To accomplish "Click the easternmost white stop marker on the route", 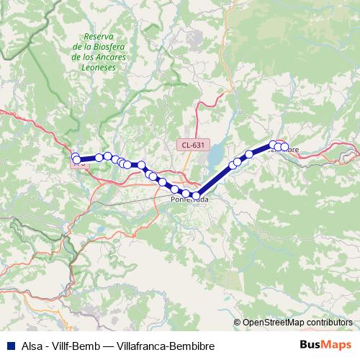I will (x=284, y=148).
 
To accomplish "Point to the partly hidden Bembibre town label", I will (x=288, y=150).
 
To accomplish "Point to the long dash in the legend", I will (x=104, y=345).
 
